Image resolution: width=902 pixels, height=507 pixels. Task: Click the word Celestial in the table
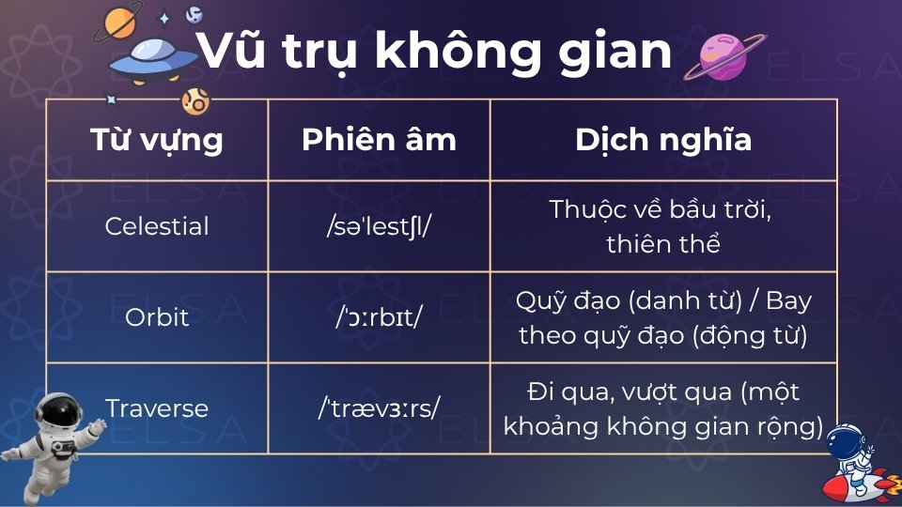click(157, 226)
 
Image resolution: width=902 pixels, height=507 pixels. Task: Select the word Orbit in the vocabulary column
click(157, 317)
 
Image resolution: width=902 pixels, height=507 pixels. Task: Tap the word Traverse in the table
click(157, 408)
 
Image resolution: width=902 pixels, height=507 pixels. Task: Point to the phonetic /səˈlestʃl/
click(379, 226)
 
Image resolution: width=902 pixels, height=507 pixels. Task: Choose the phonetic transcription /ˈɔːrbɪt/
click(379, 317)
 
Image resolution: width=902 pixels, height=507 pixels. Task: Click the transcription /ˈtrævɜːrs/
click(379, 408)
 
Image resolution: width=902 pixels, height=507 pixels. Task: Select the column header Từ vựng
click(157, 140)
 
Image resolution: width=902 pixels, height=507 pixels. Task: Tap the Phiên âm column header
click(379, 140)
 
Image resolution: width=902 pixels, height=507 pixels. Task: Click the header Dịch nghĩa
click(663, 140)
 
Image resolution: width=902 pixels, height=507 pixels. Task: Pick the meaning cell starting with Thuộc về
click(663, 226)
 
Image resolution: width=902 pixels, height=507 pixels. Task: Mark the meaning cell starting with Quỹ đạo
click(663, 317)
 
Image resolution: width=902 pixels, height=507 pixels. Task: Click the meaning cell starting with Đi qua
click(663, 408)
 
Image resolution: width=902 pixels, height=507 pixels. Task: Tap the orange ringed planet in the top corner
click(119, 20)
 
